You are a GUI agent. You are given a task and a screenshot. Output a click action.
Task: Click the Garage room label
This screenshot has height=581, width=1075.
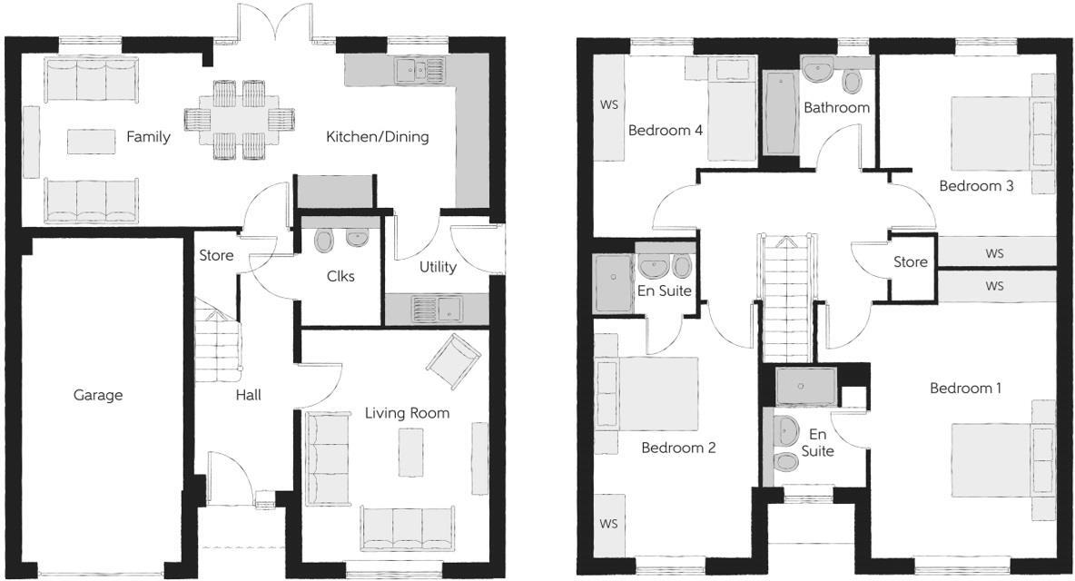[x=98, y=395]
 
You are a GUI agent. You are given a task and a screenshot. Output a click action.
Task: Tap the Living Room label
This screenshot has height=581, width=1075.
[x=407, y=413]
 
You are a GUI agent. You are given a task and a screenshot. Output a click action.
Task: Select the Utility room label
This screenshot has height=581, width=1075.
[x=438, y=267]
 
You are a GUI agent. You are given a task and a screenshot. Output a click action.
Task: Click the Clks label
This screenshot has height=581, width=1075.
[x=340, y=276]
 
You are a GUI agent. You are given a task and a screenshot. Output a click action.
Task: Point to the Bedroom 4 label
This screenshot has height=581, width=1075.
[x=666, y=130]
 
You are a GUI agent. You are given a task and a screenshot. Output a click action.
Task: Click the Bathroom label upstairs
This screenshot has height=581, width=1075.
[x=836, y=107]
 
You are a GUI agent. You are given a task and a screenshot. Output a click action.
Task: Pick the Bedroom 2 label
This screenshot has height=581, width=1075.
[x=678, y=448]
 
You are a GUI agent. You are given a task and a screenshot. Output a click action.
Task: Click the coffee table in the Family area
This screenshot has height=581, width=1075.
[x=92, y=141]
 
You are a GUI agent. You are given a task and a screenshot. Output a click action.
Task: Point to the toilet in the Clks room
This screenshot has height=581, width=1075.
[x=325, y=240]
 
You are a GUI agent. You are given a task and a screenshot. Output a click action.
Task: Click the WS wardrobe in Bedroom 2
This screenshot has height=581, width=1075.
[x=608, y=523]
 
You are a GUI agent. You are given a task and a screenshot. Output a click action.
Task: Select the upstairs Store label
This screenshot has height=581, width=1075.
[x=910, y=262]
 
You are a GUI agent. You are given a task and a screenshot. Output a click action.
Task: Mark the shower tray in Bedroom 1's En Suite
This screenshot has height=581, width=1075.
[x=806, y=385]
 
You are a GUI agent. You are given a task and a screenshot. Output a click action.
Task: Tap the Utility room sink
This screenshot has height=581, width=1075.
[x=436, y=310]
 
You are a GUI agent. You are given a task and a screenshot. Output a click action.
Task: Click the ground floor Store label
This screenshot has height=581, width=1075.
[x=216, y=256]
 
